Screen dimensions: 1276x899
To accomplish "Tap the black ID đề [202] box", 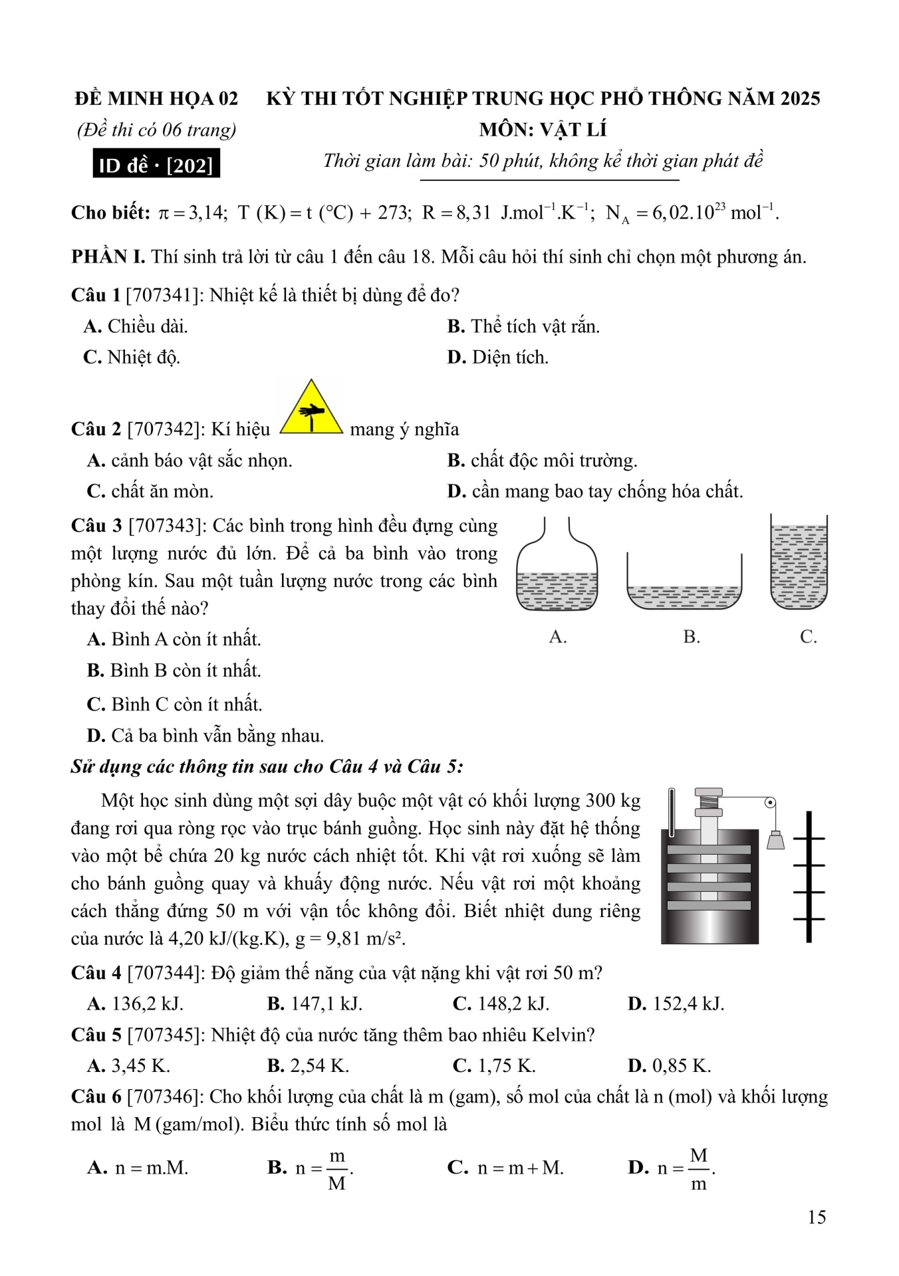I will click(156, 165).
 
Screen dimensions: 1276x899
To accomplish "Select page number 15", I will click(817, 1217).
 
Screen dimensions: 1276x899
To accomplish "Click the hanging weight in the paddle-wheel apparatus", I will click(775, 840).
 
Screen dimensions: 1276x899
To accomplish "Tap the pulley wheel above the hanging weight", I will click(770, 803).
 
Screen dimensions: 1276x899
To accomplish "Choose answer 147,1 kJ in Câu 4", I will click(315, 1004).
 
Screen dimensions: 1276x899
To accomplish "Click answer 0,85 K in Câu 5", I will click(670, 1066).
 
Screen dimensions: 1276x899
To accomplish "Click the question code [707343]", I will click(168, 526).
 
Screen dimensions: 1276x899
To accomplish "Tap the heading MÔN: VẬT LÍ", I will click(543, 130).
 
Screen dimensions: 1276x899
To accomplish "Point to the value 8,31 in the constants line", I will click(473, 213).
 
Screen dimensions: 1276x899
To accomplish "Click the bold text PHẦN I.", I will click(108, 257).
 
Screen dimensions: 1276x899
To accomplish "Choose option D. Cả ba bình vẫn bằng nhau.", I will click(205, 736).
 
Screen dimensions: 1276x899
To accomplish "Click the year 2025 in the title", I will click(800, 98).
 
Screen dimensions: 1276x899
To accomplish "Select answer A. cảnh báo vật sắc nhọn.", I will click(190, 461).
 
